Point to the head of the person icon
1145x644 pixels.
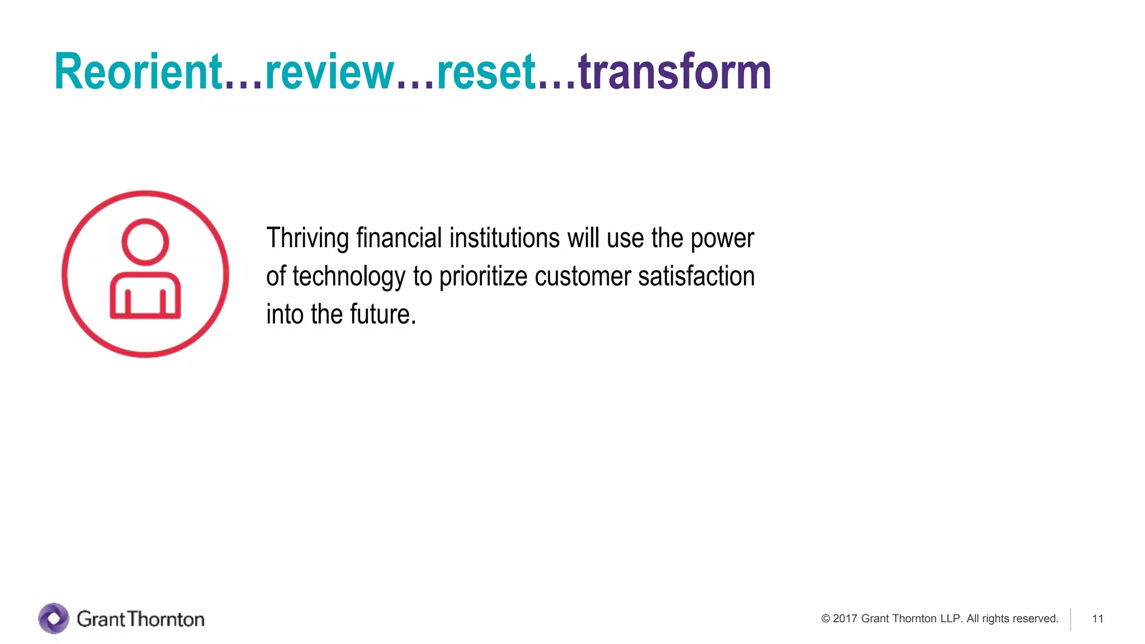click(145, 241)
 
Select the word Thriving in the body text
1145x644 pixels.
click(307, 239)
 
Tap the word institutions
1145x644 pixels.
click(504, 239)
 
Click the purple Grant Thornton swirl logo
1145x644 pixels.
click(54, 618)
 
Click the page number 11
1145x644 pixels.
click(1097, 619)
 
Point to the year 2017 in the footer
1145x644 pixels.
click(845, 619)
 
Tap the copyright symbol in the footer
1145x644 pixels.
click(826, 619)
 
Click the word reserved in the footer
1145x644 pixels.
click(1038, 619)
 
